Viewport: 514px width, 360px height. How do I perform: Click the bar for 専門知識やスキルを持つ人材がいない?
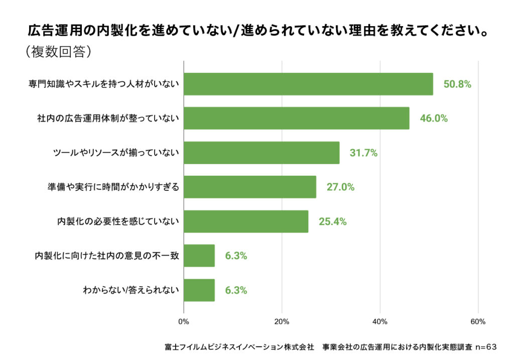click(308, 84)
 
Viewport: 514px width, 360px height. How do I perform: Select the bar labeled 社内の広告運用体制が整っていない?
click(296, 118)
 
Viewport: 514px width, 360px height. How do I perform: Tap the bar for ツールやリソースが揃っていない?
click(262, 153)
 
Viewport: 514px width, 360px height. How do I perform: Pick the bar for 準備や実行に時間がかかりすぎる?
click(250, 187)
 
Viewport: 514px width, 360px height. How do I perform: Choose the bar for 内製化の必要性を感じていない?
click(246, 221)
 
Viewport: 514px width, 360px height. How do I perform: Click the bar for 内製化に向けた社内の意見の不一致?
click(199, 256)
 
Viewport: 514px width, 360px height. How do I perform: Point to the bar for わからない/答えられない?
click(199, 290)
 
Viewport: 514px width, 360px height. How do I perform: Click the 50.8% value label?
click(457, 84)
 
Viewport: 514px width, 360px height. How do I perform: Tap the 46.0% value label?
click(433, 119)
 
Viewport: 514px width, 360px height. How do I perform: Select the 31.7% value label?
click(363, 153)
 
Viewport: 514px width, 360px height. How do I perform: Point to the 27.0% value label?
click(340, 187)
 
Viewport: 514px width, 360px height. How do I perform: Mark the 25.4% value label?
click(332, 221)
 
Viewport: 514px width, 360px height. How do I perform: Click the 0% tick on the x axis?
click(184, 322)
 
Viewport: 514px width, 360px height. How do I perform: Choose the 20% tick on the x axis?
click(282, 322)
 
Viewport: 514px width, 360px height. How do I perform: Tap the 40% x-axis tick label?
click(380, 322)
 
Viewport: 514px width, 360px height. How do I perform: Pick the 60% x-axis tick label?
click(478, 322)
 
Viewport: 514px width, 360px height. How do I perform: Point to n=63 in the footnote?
click(486, 347)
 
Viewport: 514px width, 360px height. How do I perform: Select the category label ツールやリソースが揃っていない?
click(116, 153)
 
